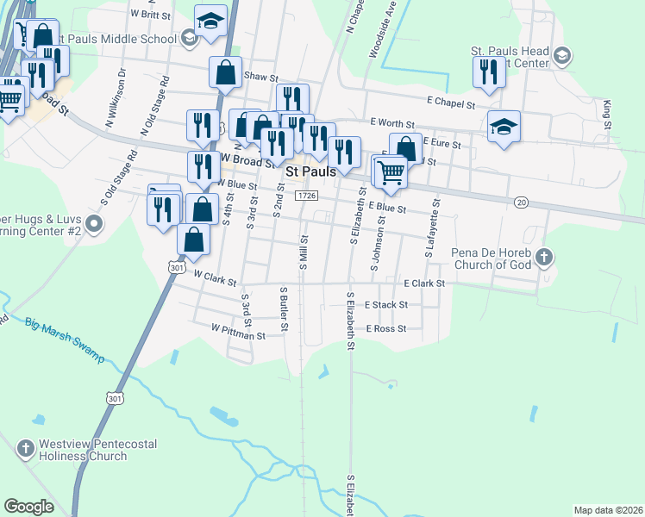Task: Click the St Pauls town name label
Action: click(310, 172)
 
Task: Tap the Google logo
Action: click(28, 507)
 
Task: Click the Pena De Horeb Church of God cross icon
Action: click(544, 256)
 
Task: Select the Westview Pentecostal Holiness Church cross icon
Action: click(26, 449)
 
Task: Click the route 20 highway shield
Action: click(521, 202)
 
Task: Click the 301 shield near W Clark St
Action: click(177, 268)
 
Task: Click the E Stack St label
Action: click(385, 305)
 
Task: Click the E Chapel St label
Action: click(447, 104)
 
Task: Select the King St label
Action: click(607, 115)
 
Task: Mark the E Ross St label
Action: click(385, 329)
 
